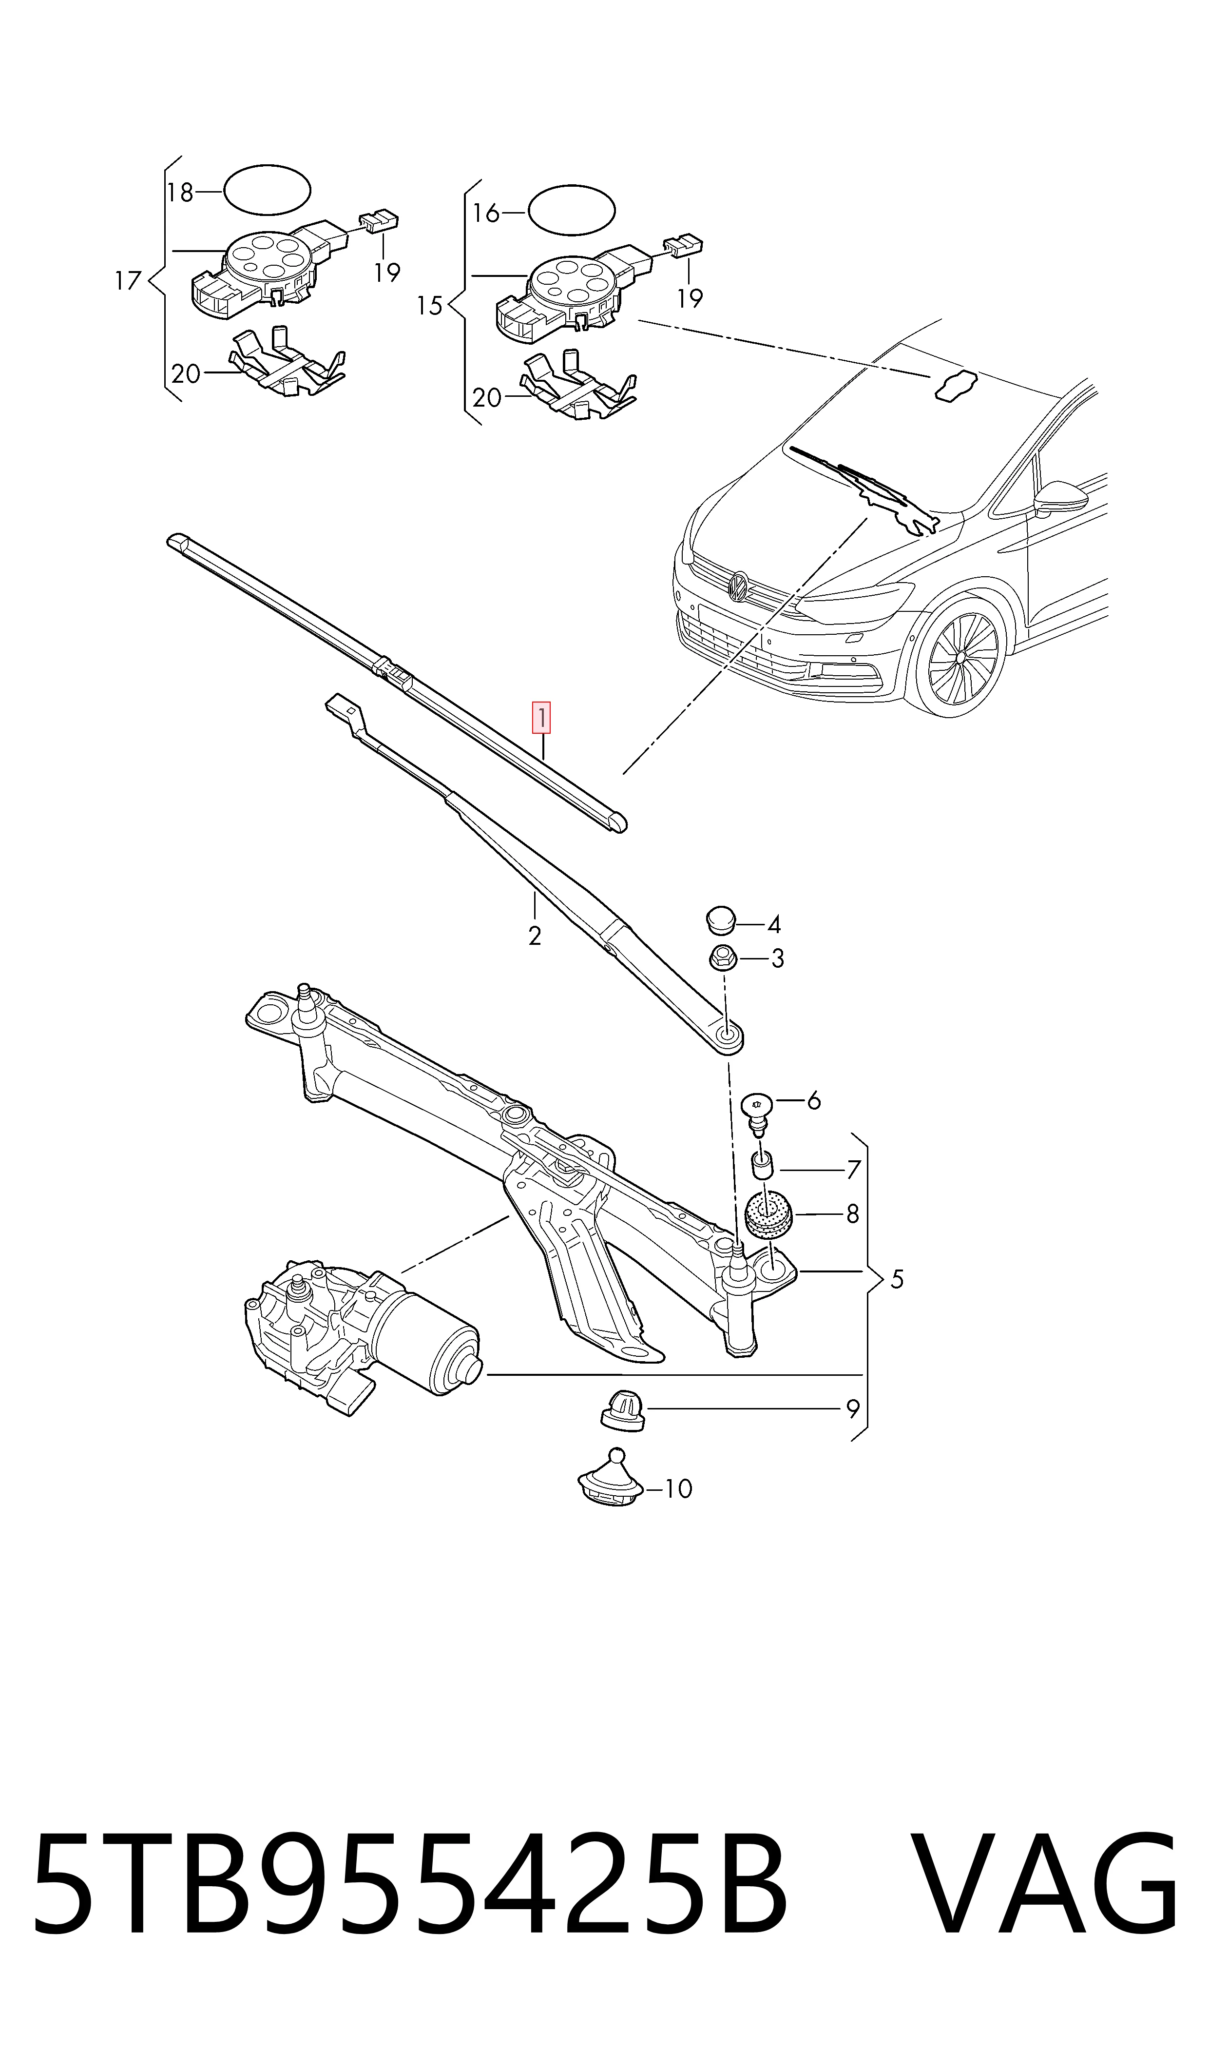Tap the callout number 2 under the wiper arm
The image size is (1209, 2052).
click(535, 936)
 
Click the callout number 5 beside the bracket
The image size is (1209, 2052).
click(896, 1279)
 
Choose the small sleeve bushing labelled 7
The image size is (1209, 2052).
click(764, 1167)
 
